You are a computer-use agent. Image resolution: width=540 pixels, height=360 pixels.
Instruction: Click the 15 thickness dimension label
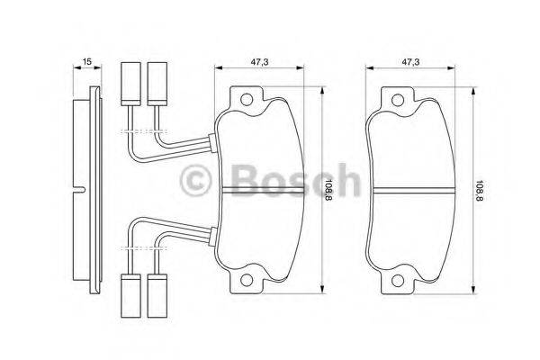(86, 61)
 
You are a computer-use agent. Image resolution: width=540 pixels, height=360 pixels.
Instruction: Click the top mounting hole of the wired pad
(246, 98)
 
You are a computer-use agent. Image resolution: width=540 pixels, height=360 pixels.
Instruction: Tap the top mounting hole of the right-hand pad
(395, 98)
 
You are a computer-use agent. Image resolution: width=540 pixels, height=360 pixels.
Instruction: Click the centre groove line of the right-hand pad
(414, 190)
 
